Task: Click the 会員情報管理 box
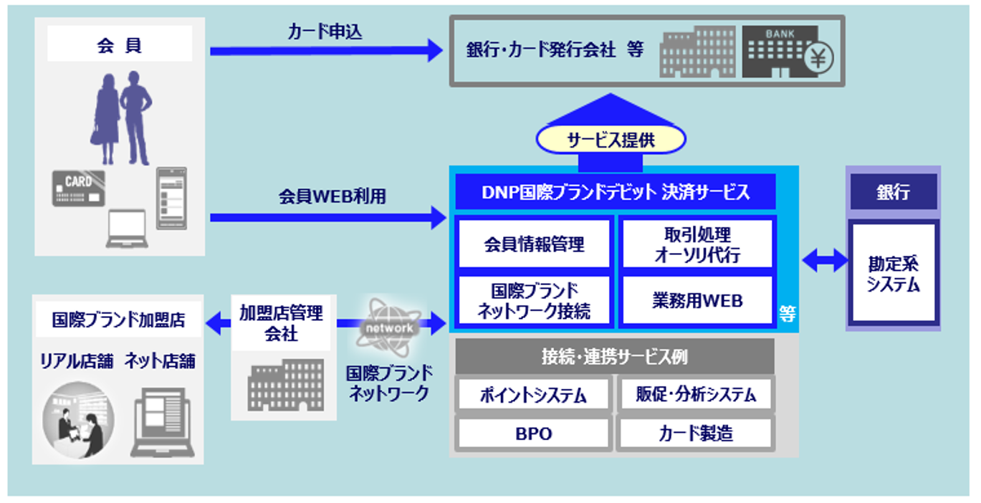click(x=534, y=244)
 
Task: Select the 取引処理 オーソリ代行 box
click(x=697, y=244)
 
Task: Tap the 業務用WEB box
click(x=697, y=300)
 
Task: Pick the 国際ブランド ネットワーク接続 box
click(x=534, y=301)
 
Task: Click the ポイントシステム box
click(x=533, y=394)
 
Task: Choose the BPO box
click(x=533, y=433)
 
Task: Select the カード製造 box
click(x=695, y=433)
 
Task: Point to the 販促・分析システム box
click(x=695, y=394)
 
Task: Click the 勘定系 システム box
click(x=893, y=273)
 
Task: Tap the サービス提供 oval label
click(x=611, y=140)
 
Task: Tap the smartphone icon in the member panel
click(x=171, y=198)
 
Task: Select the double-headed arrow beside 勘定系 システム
click(x=824, y=261)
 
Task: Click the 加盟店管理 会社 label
click(x=281, y=323)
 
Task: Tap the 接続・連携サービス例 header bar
click(x=614, y=356)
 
